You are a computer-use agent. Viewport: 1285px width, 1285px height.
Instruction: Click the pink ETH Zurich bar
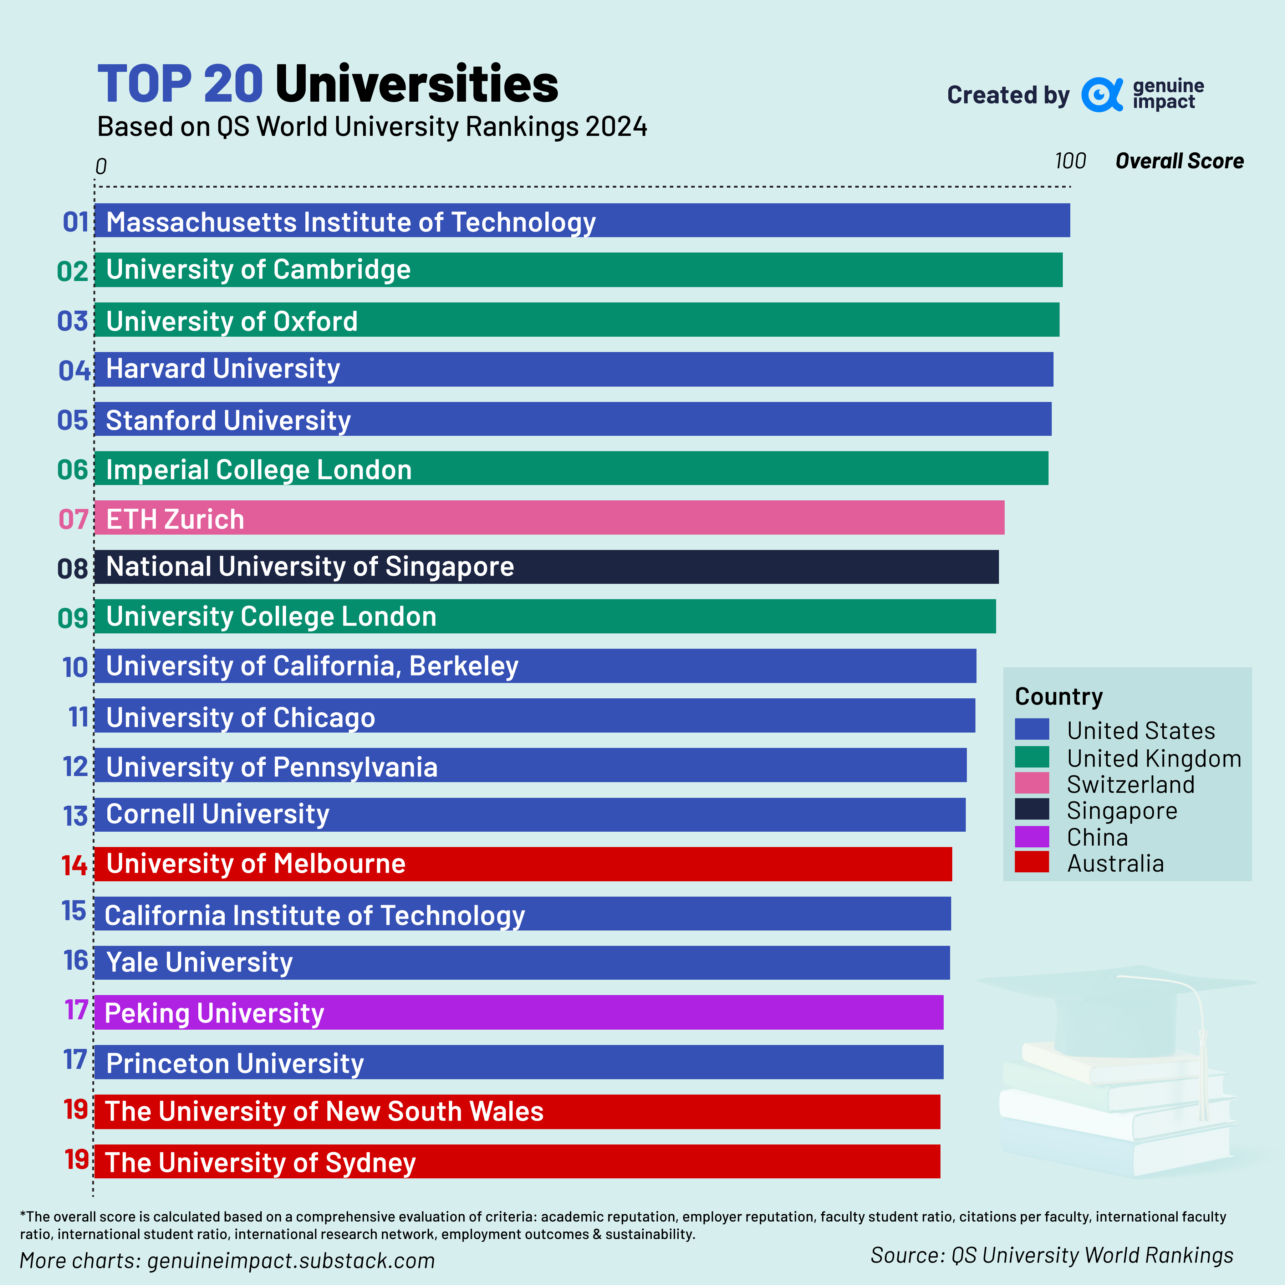[x=549, y=517]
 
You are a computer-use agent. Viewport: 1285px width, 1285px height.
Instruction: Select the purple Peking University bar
[x=519, y=1012]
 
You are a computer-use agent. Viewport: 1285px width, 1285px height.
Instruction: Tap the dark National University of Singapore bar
[x=545, y=567]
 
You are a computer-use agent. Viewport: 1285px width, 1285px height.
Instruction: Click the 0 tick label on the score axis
[x=101, y=166]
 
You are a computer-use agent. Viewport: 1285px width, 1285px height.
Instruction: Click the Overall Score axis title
[x=1179, y=161]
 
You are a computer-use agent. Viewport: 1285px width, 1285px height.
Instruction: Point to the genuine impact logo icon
[x=1101, y=95]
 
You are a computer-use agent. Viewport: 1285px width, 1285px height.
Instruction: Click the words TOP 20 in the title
[x=180, y=85]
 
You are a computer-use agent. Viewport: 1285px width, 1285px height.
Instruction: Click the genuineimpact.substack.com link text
[x=291, y=1260]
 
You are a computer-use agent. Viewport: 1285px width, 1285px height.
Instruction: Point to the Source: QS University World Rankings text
[x=1051, y=1255]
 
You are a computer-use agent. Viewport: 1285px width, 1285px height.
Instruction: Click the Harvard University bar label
[x=223, y=368]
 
